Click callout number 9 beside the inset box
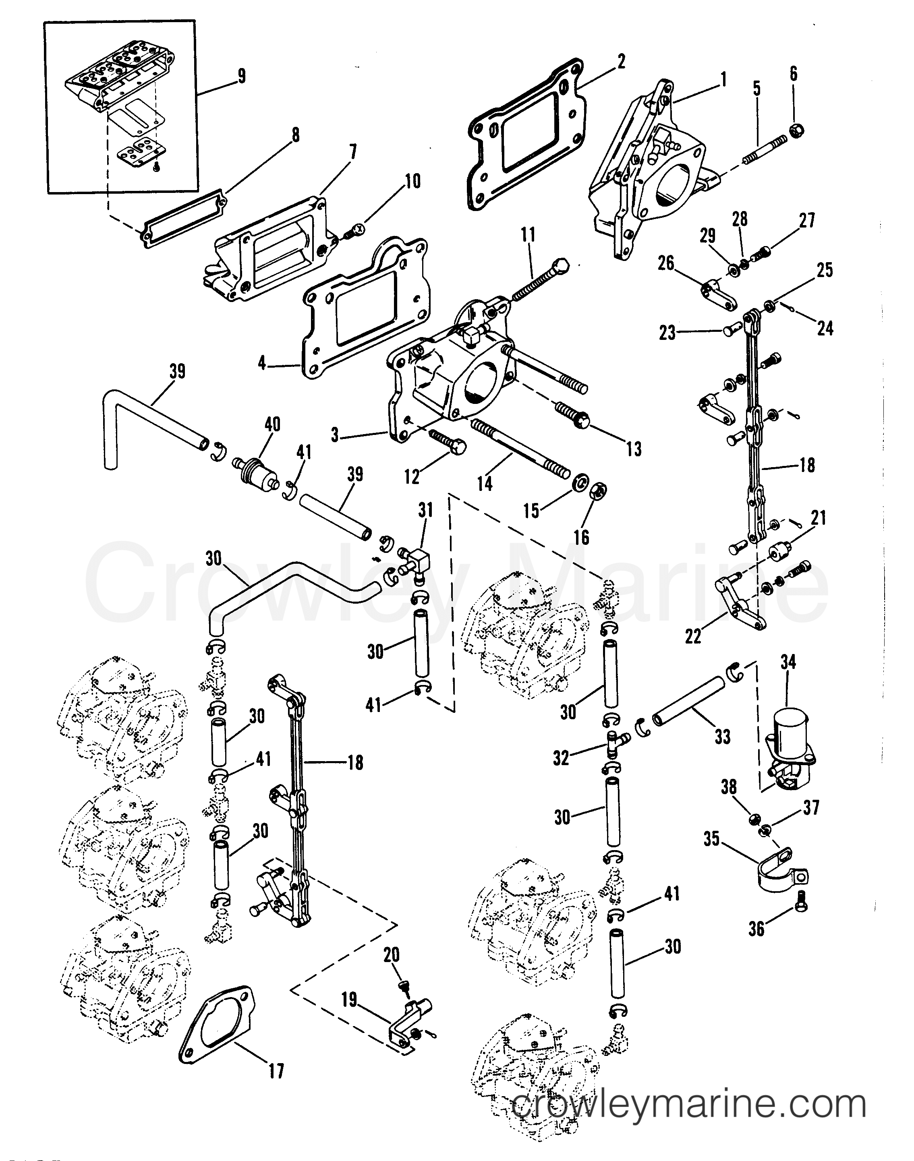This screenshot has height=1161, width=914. pos(241,76)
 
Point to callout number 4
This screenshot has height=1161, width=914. pos(262,363)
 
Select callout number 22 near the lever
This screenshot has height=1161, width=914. pos(693,636)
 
